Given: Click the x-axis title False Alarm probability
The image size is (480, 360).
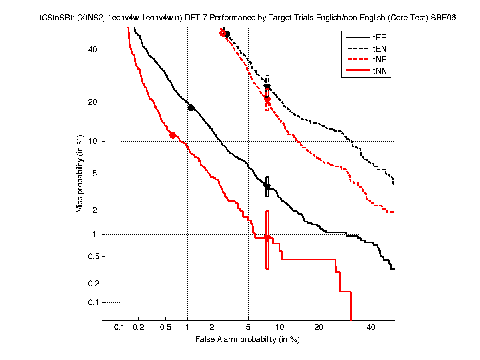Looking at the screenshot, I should (x=247, y=340).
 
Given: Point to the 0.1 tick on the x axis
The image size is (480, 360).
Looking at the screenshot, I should (x=120, y=328).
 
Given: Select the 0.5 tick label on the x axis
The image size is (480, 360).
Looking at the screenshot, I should (x=165, y=328).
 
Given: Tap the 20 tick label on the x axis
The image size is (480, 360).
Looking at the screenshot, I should (x=319, y=328).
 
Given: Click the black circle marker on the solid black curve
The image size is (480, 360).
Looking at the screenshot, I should (x=191, y=108).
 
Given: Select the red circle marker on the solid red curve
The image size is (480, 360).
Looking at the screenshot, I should (x=173, y=135).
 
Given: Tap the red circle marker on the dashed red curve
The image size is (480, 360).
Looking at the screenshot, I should (x=223, y=33).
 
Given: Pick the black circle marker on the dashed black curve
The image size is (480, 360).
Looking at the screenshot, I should (x=227, y=34).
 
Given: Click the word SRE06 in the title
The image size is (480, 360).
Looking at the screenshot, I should (x=444, y=18).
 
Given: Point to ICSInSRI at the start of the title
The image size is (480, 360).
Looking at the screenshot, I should (x=53, y=18).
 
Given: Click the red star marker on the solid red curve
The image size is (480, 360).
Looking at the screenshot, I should (x=267, y=238).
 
